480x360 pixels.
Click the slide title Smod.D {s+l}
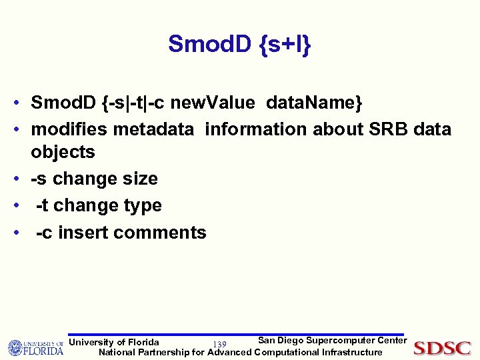tap(239, 44)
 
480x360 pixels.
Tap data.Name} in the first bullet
tap(314, 103)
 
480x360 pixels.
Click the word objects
tap(63, 152)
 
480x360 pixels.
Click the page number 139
tap(219, 344)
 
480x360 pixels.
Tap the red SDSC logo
tap(442, 348)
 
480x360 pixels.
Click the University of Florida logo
tap(35, 348)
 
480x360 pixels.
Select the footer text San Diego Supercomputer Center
tap(332, 341)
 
